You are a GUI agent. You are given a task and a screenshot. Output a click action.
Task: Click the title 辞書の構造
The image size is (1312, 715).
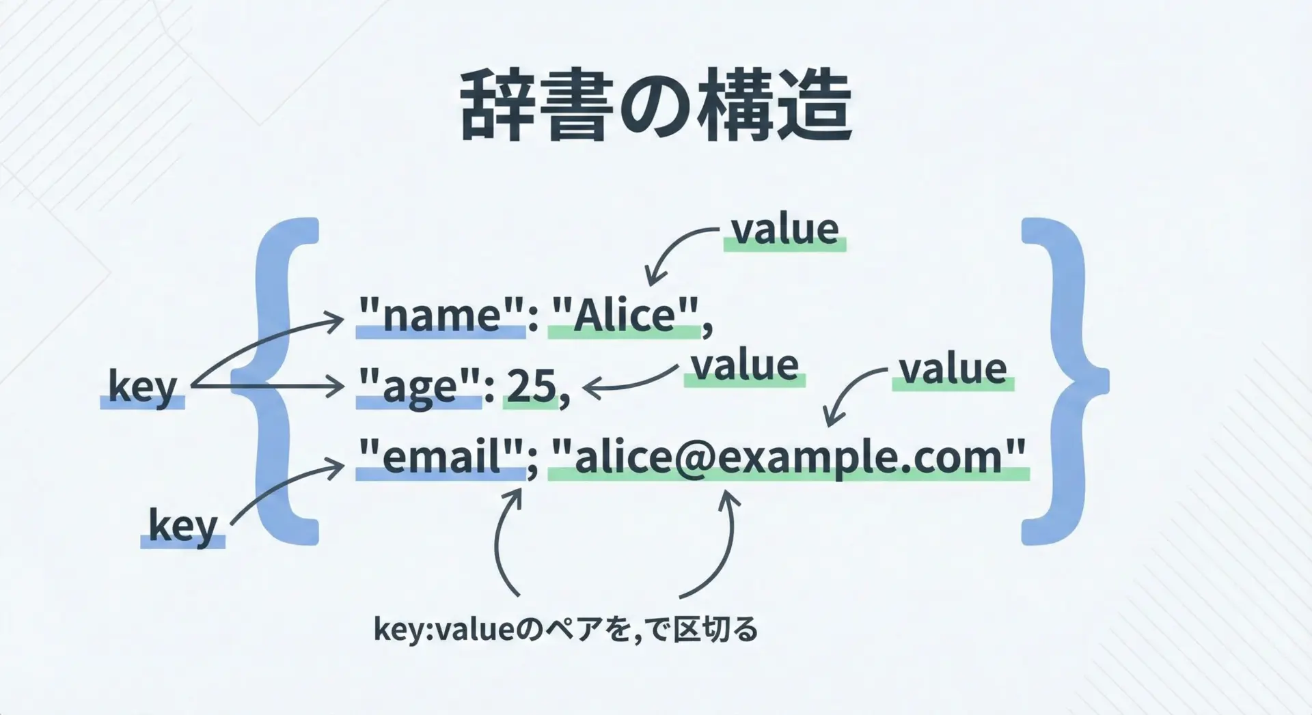(657, 104)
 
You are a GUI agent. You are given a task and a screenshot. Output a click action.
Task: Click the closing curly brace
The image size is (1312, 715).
(1065, 381)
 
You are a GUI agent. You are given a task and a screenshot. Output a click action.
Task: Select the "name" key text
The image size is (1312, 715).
(441, 315)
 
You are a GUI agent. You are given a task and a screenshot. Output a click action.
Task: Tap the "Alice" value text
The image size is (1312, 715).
(625, 315)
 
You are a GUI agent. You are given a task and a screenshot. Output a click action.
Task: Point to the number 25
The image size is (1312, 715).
(532, 386)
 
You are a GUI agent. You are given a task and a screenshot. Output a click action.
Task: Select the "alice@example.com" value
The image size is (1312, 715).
(789, 458)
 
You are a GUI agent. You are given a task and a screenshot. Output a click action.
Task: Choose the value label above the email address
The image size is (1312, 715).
(953, 369)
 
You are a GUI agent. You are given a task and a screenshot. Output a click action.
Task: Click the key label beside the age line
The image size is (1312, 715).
(143, 387)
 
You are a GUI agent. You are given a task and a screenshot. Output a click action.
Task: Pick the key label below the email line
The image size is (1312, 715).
(183, 527)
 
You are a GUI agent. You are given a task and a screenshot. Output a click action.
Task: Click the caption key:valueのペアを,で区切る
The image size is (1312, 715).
(566, 629)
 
